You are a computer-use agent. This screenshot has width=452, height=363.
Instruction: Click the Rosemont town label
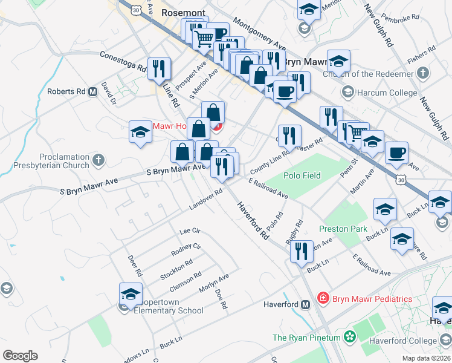(x=183, y=12)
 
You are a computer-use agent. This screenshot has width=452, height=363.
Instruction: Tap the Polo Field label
(x=302, y=175)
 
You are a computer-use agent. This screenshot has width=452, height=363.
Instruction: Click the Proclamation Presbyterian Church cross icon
(x=98, y=160)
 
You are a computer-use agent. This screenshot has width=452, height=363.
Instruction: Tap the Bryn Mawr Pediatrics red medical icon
(x=323, y=298)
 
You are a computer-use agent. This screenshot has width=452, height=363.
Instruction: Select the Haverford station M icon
(x=306, y=304)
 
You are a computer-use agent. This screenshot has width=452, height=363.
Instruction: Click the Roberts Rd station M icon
(x=93, y=92)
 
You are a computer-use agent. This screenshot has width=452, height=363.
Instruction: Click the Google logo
(x=20, y=356)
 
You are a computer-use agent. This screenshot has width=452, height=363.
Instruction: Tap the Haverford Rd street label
(x=253, y=221)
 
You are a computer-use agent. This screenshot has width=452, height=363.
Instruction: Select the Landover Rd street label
(x=206, y=198)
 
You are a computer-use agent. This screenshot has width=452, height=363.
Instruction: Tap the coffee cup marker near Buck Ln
(x=396, y=154)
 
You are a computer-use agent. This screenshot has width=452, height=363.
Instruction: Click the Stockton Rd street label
(x=176, y=270)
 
